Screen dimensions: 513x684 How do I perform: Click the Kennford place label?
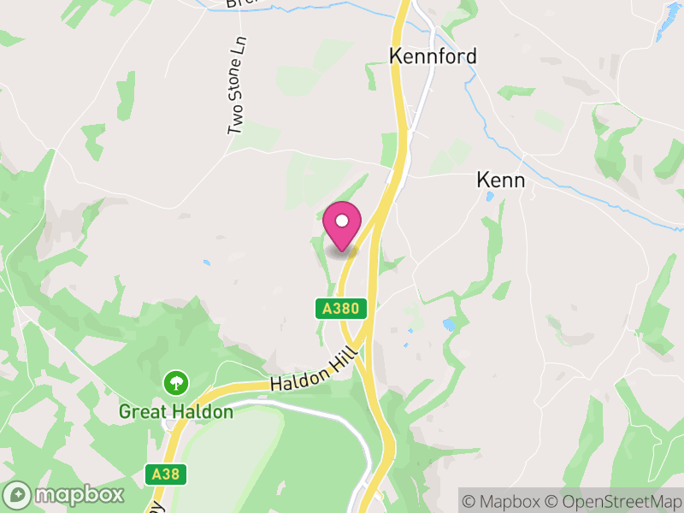click(433, 56)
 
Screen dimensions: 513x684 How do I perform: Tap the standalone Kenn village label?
click(500, 181)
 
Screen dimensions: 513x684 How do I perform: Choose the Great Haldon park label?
click(175, 412)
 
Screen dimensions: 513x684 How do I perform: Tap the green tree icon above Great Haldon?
click(175, 381)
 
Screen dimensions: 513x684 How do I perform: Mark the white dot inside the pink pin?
click(342, 221)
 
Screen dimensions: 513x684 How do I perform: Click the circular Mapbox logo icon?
click(19, 495)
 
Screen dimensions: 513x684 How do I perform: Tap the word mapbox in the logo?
click(77, 495)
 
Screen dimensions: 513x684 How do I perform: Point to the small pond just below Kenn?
click(489, 197)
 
